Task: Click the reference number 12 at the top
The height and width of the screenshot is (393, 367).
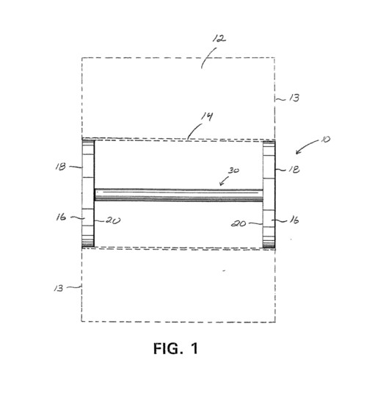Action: (219, 39)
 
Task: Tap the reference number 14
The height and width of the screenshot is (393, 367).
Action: (207, 117)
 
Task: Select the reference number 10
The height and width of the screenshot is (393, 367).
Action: (325, 139)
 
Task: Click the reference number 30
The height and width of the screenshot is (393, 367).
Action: (233, 170)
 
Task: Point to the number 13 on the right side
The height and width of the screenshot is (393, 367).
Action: (294, 98)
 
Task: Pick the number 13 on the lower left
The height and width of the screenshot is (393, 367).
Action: (59, 288)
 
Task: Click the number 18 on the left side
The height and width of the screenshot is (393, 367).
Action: (61, 167)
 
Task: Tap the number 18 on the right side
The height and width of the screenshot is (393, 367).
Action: (294, 170)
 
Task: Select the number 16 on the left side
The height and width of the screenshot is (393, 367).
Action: (61, 217)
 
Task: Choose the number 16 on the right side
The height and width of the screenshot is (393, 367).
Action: (294, 220)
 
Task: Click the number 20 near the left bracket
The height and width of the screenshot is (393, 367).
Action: (113, 220)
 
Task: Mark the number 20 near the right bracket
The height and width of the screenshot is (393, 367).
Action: (239, 223)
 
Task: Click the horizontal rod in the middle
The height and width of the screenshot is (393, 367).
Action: (179, 195)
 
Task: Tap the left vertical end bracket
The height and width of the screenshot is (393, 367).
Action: (88, 193)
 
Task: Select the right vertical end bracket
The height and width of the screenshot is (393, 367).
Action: (269, 195)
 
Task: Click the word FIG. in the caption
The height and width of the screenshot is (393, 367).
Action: (168, 348)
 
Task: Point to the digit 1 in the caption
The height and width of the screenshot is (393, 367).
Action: (195, 348)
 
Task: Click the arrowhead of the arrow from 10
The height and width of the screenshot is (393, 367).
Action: (298, 152)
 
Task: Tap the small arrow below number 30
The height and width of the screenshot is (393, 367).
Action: (224, 181)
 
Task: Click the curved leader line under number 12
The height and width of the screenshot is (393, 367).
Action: (208, 57)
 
